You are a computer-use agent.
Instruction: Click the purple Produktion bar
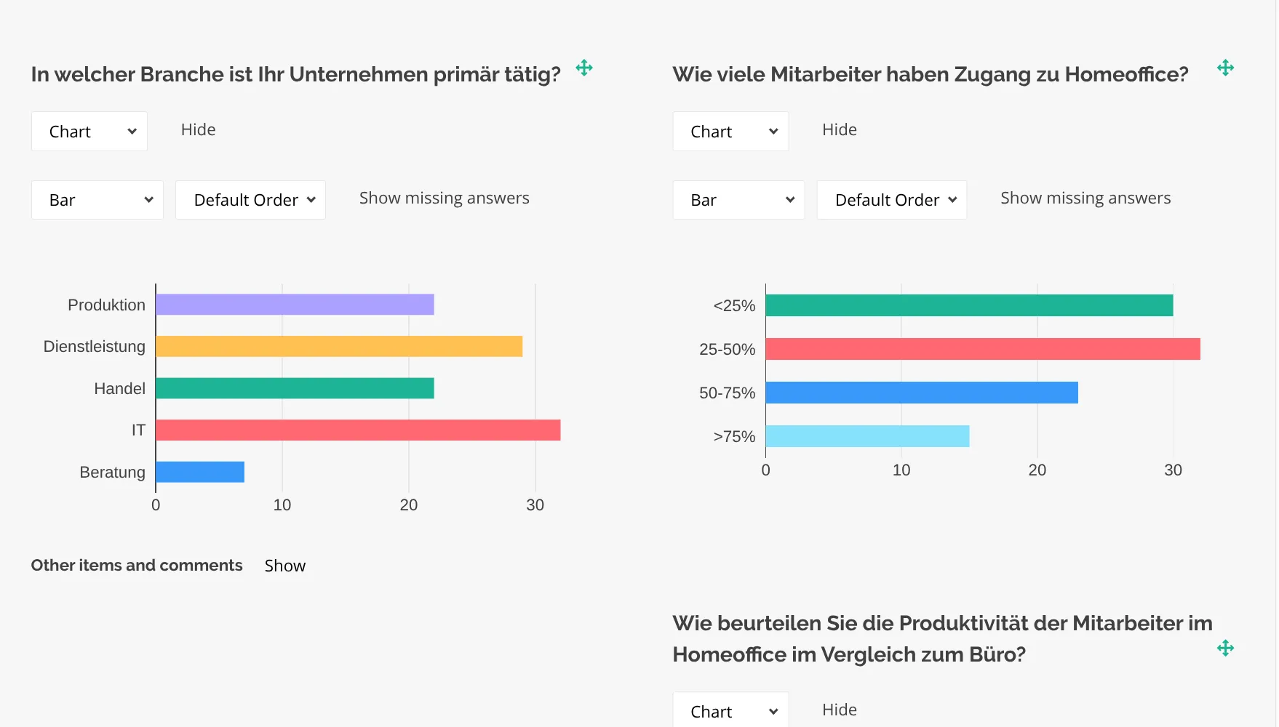[295, 305]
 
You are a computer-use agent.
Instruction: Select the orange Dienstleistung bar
[339, 347]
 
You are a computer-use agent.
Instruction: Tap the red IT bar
[358, 430]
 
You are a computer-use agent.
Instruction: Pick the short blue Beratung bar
[200, 472]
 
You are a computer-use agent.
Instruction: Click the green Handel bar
[295, 388]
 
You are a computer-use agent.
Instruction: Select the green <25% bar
[969, 305]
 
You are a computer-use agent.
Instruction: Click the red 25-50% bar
[982, 349]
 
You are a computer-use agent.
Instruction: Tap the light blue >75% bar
[867, 436]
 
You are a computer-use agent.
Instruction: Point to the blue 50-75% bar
[922, 393]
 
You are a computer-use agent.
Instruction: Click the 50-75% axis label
[727, 393]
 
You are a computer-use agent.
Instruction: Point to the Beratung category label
[112, 473]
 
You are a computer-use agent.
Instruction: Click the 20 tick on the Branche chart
[409, 505]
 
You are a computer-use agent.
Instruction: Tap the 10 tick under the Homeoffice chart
[901, 470]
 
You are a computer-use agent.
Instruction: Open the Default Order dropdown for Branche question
[250, 200]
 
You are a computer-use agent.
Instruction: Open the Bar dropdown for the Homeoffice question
[738, 200]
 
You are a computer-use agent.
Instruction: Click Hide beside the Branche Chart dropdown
[198, 130]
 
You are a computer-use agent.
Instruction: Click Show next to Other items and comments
[284, 566]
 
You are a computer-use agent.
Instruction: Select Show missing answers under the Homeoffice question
[1085, 198]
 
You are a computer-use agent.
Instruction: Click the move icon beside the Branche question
[584, 68]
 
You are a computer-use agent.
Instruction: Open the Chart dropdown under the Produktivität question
[730, 711]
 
